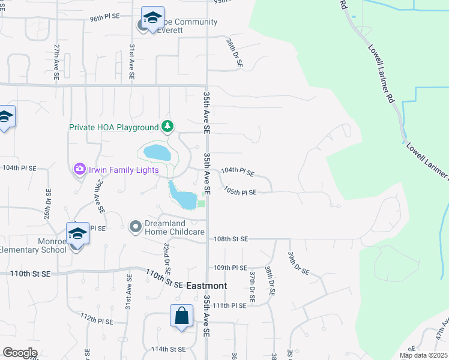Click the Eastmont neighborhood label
pyautogui.click(x=206, y=286)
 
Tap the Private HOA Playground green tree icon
pyautogui.click(x=169, y=127)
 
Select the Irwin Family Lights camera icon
pyautogui.click(x=79, y=170)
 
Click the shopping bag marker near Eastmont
pyautogui.click(x=181, y=316)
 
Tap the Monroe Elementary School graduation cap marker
pyautogui.click(x=77, y=234)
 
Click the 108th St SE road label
pyautogui.click(x=231, y=239)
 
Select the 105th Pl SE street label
pyautogui.click(x=240, y=192)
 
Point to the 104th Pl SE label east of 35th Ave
pyautogui.click(x=238, y=172)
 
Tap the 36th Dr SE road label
pyautogui.click(x=234, y=53)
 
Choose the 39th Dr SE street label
pyautogui.click(x=298, y=263)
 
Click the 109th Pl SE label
pyautogui.click(x=231, y=268)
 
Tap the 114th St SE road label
pyautogui.click(x=169, y=349)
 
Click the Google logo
pyautogui.click(x=20, y=353)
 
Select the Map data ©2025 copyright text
pyautogui.click(x=423, y=355)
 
